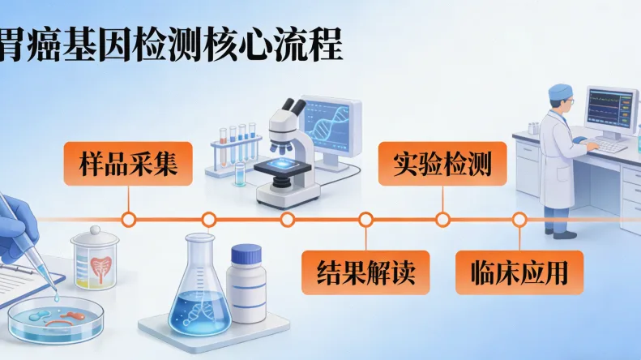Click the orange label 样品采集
pyautogui.click(x=129, y=163)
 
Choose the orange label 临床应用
pyautogui.click(x=519, y=271)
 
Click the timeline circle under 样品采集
pyautogui.click(x=128, y=219)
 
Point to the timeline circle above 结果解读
pyautogui.click(x=365, y=219)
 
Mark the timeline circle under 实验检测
pyautogui.click(x=442, y=219)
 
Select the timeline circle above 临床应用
pyautogui.click(x=519, y=219)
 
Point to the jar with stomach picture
pyautogui.click(x=95, y=260)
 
